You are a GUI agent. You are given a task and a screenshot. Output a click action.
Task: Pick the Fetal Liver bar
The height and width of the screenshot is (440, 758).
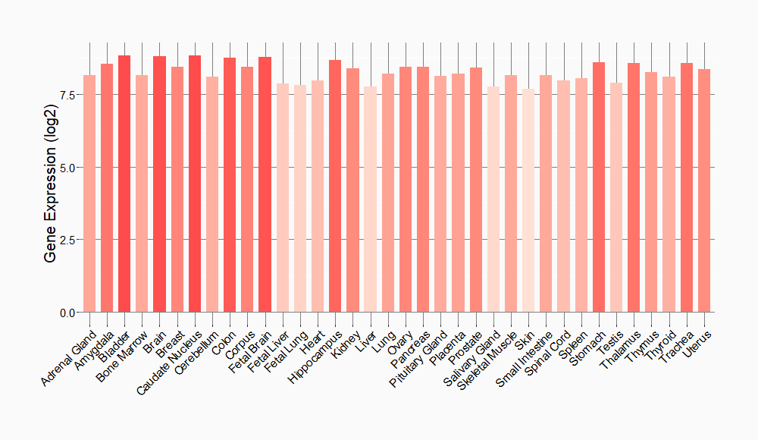283,198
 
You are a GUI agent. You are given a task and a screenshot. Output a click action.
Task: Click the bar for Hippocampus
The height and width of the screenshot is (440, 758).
335,186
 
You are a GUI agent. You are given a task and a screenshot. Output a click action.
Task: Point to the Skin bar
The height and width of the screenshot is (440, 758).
528,200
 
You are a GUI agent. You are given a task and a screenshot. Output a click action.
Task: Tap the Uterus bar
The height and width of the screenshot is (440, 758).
704,190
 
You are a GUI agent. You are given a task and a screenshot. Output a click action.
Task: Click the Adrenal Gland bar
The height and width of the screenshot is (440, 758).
89,193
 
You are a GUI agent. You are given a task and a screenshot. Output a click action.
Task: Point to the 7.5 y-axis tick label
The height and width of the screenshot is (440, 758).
66,94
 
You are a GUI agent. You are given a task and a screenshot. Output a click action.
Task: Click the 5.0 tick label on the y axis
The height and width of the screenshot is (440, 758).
66,167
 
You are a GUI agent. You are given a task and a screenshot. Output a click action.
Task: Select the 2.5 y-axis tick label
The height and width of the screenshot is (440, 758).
66,240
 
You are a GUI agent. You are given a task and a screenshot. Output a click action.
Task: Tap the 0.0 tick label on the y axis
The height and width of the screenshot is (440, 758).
66,313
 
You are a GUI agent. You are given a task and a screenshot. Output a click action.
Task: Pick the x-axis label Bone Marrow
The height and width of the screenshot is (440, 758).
123,354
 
